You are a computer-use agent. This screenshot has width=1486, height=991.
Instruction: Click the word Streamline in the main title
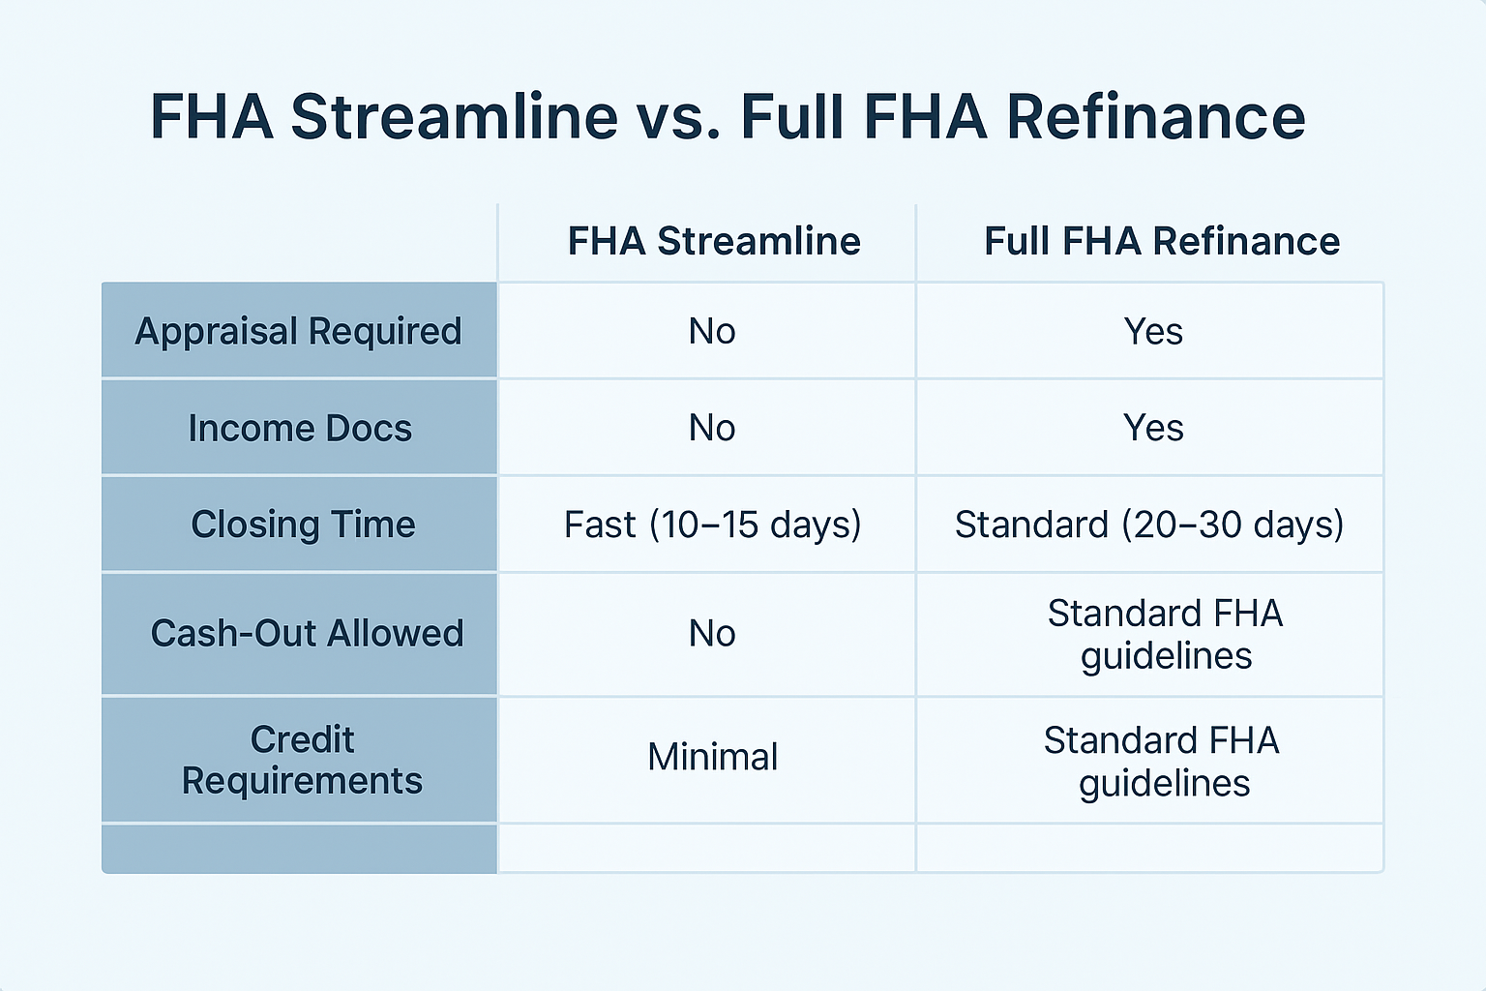coord(455,117)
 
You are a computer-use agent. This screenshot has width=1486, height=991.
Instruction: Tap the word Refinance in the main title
coord(1156,117)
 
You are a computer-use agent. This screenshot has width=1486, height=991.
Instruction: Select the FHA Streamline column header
coord(714,240)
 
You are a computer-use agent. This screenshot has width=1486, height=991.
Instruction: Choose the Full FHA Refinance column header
coord(1162,240)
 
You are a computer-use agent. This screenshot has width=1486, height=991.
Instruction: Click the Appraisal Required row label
coord(299,331)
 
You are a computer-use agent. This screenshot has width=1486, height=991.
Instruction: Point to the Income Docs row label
coord(300,428)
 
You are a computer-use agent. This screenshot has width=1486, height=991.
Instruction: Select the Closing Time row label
coord(303,525)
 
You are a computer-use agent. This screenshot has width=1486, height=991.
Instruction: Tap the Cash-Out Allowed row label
coord(307,633)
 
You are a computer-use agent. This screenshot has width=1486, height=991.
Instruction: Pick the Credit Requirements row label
coord(302,760)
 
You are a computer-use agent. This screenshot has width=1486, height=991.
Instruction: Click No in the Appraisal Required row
coord(712,331)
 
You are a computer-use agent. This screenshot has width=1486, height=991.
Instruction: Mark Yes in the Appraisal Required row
coord(1153,331)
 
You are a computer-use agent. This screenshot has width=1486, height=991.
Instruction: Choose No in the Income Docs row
coord(712,428)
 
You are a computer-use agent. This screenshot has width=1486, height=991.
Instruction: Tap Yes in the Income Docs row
coord(1153,428)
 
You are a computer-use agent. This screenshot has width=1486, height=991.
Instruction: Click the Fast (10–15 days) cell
coord(712,525)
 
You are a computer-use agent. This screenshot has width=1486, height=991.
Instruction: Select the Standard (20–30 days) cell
coord(1149,525)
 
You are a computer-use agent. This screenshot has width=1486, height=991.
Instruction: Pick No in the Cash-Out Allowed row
coord(712,633)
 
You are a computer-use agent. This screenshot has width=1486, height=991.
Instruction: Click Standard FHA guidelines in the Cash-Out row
coord(1166,635)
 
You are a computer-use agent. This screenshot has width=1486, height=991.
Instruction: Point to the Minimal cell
coord(712,757)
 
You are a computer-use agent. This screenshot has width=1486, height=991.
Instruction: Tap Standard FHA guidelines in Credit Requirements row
coord(1162,762)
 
